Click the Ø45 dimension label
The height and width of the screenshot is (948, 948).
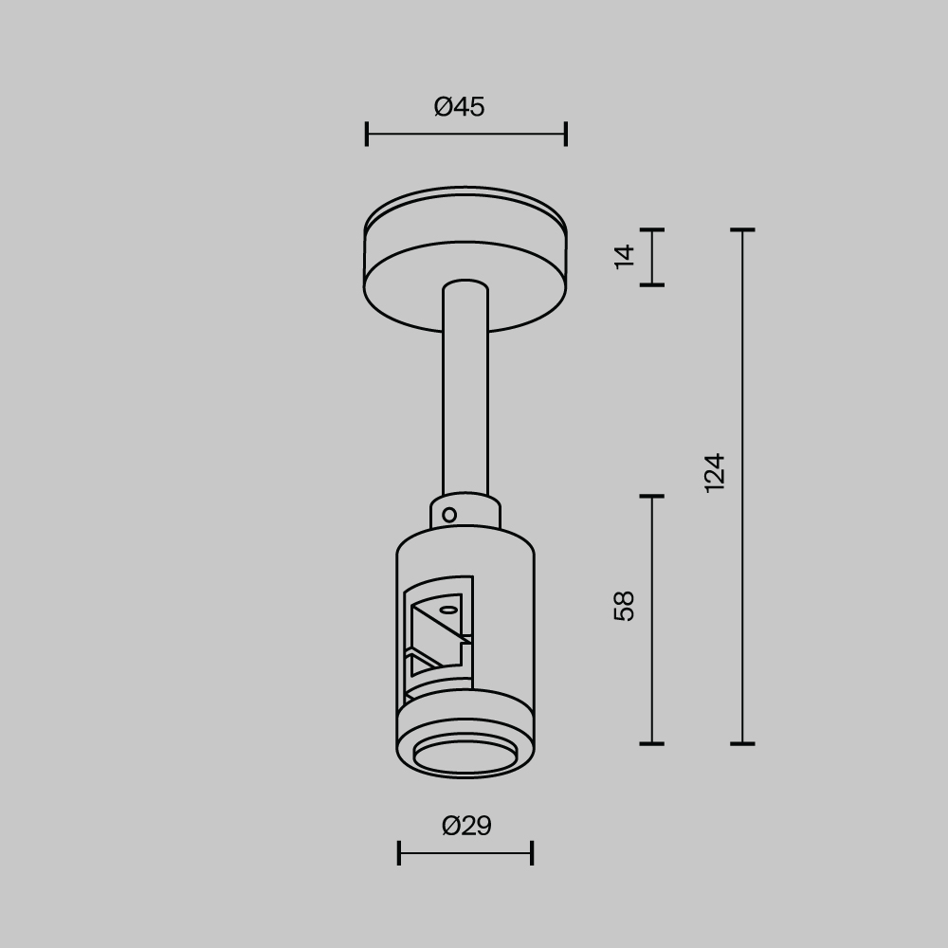pyautogui.click(x=460, y=107)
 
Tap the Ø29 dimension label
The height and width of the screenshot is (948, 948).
pyautogui.click(x=466, y=827)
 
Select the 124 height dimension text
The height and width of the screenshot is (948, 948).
pyautogui.click(x=715, y=472)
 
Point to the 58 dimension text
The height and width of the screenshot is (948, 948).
pyautogui.click(x=625, y=605)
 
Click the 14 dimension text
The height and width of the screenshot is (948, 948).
pyautogui.click(x=625, y=256)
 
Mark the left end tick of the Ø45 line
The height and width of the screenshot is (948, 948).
pyautogui.click(x=367, y=134)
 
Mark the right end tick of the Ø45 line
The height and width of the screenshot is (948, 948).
pyautogui.click(x=566, y=134)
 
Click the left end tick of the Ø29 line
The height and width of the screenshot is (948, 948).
pyautogui.click(x=399, y=853)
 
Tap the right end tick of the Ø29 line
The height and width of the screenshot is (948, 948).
pyautogui.click(x=532, y=853)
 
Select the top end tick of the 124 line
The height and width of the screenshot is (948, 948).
pyautogui.click(x=742, y=229)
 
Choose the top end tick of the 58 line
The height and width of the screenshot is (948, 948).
pyautogui.click(x=651, y=496)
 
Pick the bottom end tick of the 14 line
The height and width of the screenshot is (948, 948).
pyautogui.click(x=651, y=283)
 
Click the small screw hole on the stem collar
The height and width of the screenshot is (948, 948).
pyautogui.click(x=449, y=516)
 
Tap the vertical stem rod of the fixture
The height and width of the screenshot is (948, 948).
pyautogui.click(x=465, y=398)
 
